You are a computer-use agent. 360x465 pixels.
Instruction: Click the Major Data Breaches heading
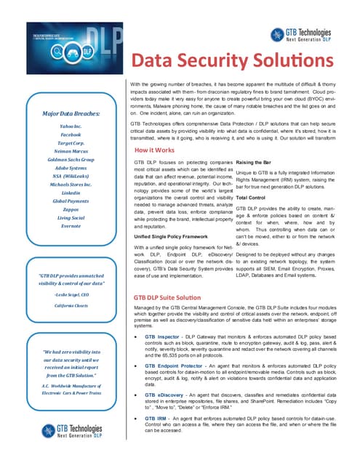pyautogui.click(x=71, y=114)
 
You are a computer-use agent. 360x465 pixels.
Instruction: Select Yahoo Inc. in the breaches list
pyautogui.click(x=71, y=126)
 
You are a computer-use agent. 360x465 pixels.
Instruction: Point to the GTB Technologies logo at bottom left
pyautogui.click(x=71, y=428)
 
